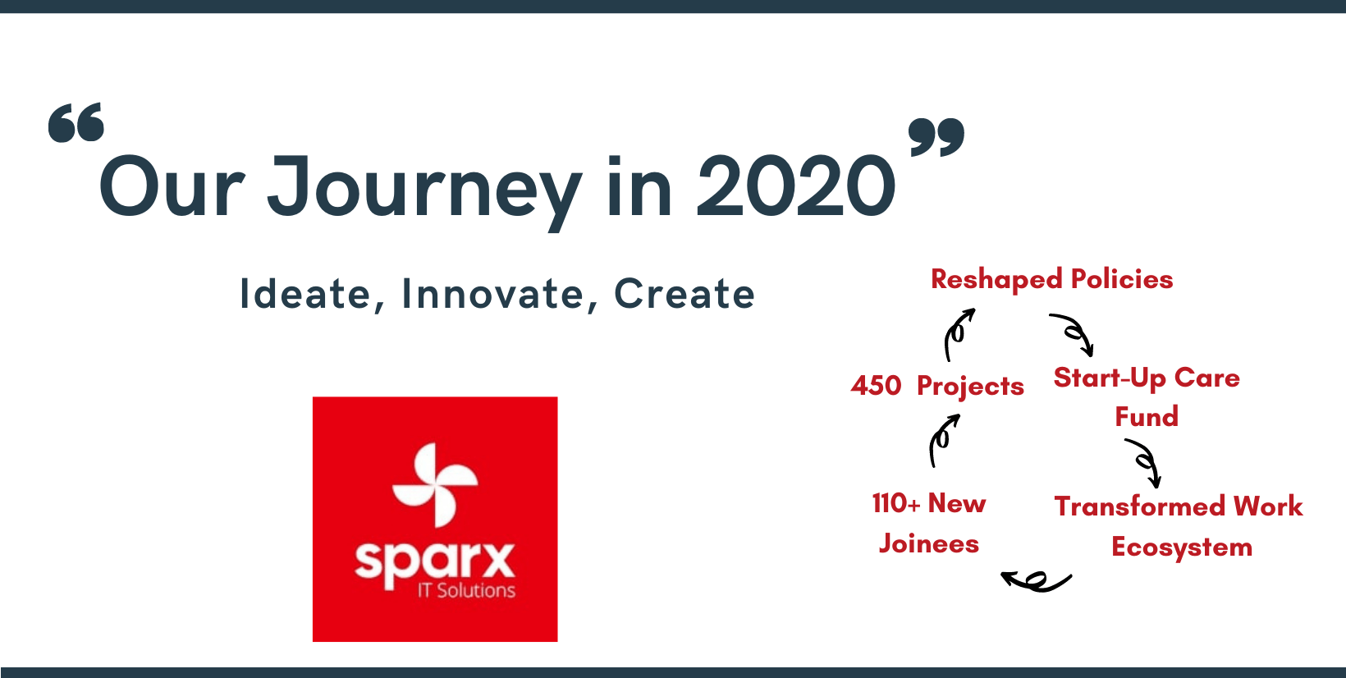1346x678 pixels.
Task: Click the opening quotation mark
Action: (x=76, y=122)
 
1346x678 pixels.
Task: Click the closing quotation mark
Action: (x=936, y=138)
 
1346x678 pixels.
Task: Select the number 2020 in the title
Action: (x=796, y=186)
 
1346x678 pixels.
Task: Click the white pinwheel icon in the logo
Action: (x=434, y=484)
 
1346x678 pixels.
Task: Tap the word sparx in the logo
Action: (x=434, y=562)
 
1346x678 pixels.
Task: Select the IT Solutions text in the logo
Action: (x=466, y=591)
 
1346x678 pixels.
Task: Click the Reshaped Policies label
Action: (x=1051, y=280)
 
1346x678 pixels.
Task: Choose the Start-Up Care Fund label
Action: (x=1147, y=396)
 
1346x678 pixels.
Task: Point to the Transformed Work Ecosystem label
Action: (x=1179, y=526)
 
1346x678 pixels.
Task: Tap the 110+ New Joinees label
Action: (x=929, y=523)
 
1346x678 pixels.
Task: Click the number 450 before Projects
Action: (x=876, y=386)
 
